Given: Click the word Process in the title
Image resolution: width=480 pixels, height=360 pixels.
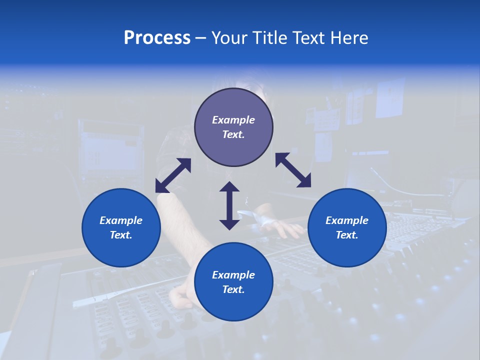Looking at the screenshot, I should pyautogui.click(x=157, y=38).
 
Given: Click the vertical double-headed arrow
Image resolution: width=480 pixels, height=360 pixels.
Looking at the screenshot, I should pyautogui.click(x=229, y=205).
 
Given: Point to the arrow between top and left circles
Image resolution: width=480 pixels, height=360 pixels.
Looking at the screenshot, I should pyautogui.click(x=173, y=175).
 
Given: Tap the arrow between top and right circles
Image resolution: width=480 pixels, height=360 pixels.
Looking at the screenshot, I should pyautogui.click(x=293, y=170).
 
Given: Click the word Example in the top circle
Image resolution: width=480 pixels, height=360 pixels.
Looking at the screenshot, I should pyautogui.click(x=233, y=120).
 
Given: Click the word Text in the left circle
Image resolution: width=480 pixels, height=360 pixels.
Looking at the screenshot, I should pyautogui.click(x=121, y=235).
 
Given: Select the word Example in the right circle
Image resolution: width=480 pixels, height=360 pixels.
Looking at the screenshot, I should pyautogui.click(x=347, y=220).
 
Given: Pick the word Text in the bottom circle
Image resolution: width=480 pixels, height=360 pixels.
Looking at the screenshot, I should pyautogui.click(x=233, y=289).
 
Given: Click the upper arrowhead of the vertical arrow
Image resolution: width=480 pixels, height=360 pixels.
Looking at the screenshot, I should pyautogui.click(x=229, y=187).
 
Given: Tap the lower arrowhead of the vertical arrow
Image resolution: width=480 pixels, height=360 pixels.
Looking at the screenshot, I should pyautogui.click(x=229, y=224).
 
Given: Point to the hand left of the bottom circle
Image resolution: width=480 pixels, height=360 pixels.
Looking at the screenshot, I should pyautogui.click(x=180, y=297).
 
